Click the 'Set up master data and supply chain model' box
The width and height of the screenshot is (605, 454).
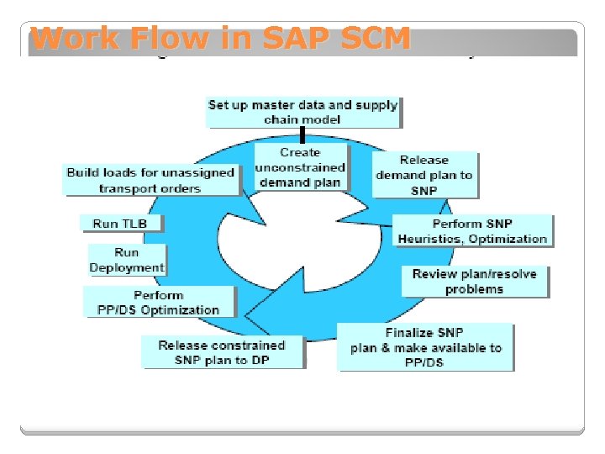pos(302,112)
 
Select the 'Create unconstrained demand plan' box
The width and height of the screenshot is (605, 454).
pos(300,167)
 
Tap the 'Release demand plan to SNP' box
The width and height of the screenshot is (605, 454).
pos(424,175)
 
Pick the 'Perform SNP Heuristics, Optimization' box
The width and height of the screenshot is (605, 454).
pos(472,231)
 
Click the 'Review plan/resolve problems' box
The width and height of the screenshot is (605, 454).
pos(474,282)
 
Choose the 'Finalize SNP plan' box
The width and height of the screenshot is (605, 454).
pos(425,347)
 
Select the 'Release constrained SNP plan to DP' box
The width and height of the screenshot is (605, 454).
pos(222,352)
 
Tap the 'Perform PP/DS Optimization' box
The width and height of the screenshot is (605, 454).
pos(159,302)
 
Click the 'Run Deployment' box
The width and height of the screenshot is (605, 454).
pos(127,260)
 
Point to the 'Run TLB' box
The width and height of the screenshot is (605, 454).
pos(119,224)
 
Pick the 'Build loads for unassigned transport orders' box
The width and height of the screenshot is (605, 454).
pos(150,180)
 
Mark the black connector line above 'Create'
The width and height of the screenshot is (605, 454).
pos(302,135)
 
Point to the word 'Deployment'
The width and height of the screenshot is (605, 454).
pos(127,267)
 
